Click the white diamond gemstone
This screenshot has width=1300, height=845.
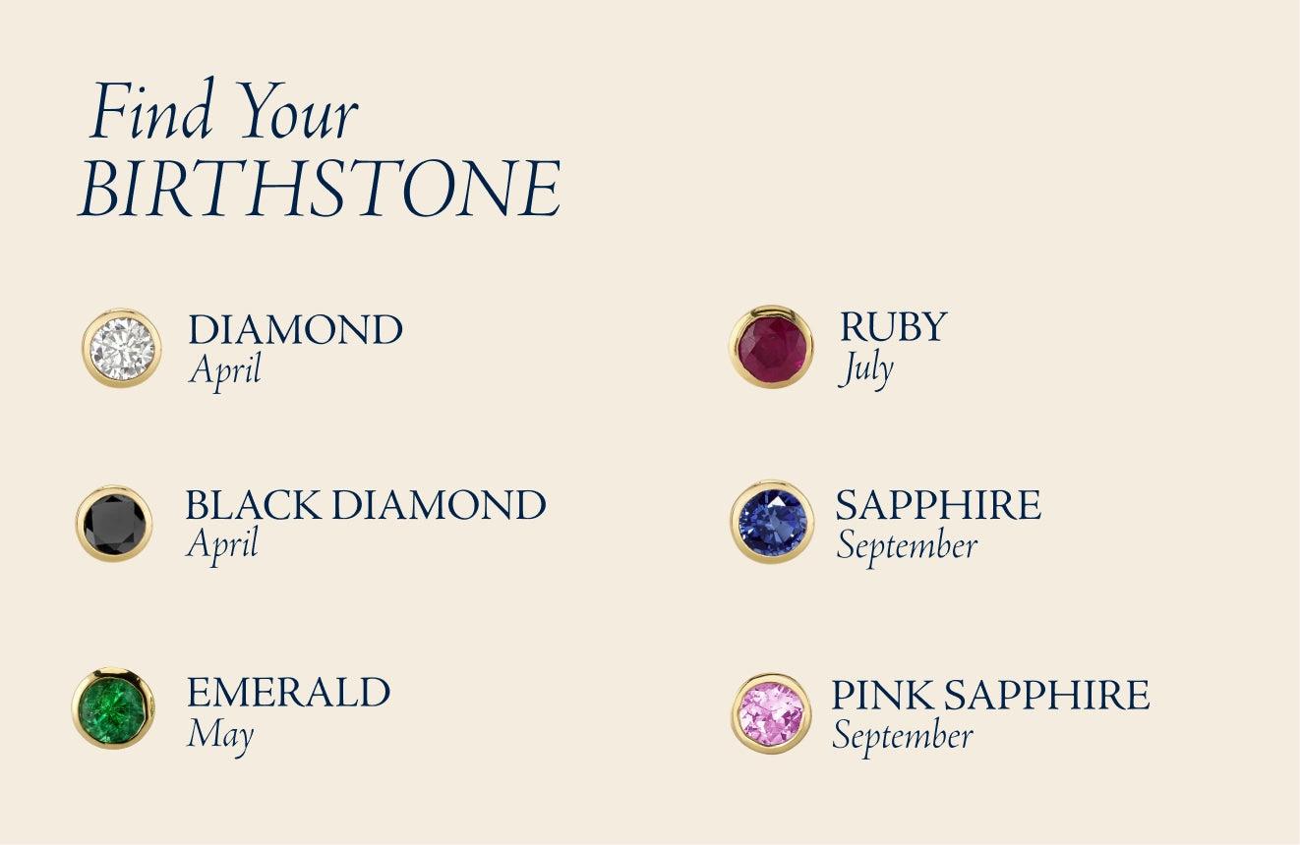click(x=122, y=348)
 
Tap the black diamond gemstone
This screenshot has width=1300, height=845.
click(x=114, y=524)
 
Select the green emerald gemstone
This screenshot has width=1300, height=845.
click(x=113, y=707)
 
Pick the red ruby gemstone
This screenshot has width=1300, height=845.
click(x=771, y=347)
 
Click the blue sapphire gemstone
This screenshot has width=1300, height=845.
click(x=772, y=522)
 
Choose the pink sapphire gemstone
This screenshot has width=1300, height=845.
click(x=771, y=713)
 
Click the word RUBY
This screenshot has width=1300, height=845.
click(x=893, y=326)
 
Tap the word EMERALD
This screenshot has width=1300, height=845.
click(x=288, y=692)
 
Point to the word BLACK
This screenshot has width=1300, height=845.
click(x=254, y=505)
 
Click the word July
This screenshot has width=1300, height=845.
click(x=865, y=368)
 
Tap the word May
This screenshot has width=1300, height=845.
click(x=220, y=735)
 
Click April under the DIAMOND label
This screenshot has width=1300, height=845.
click(x=225, y=370)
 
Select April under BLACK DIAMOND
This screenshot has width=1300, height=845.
click(x=222, y=544)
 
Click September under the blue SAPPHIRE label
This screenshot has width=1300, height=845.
click(x=907, y=546)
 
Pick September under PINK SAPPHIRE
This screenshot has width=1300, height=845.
click(x=903, y=737)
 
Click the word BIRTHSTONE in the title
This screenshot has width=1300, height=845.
click(x=320, y=189)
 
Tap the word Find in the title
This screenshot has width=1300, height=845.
click(x=151, y=109)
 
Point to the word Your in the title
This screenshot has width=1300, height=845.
click(x=300, y=111)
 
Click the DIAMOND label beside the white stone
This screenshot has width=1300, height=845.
click(x=295, y=330)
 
